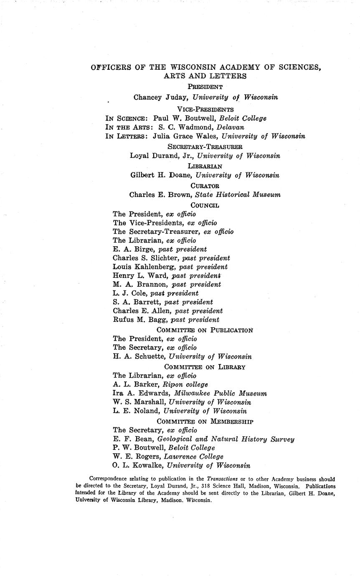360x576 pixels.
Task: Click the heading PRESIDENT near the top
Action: point(205,87)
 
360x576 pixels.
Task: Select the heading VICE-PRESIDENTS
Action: point(205,109)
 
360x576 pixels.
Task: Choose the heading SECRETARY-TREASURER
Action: point(205,147)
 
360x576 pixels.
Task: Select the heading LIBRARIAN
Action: point(205,166)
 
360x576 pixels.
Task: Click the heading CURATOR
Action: point(205,185)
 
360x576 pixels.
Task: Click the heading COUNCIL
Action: point(205,205)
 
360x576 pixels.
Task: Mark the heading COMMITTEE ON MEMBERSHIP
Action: point(205,422)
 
